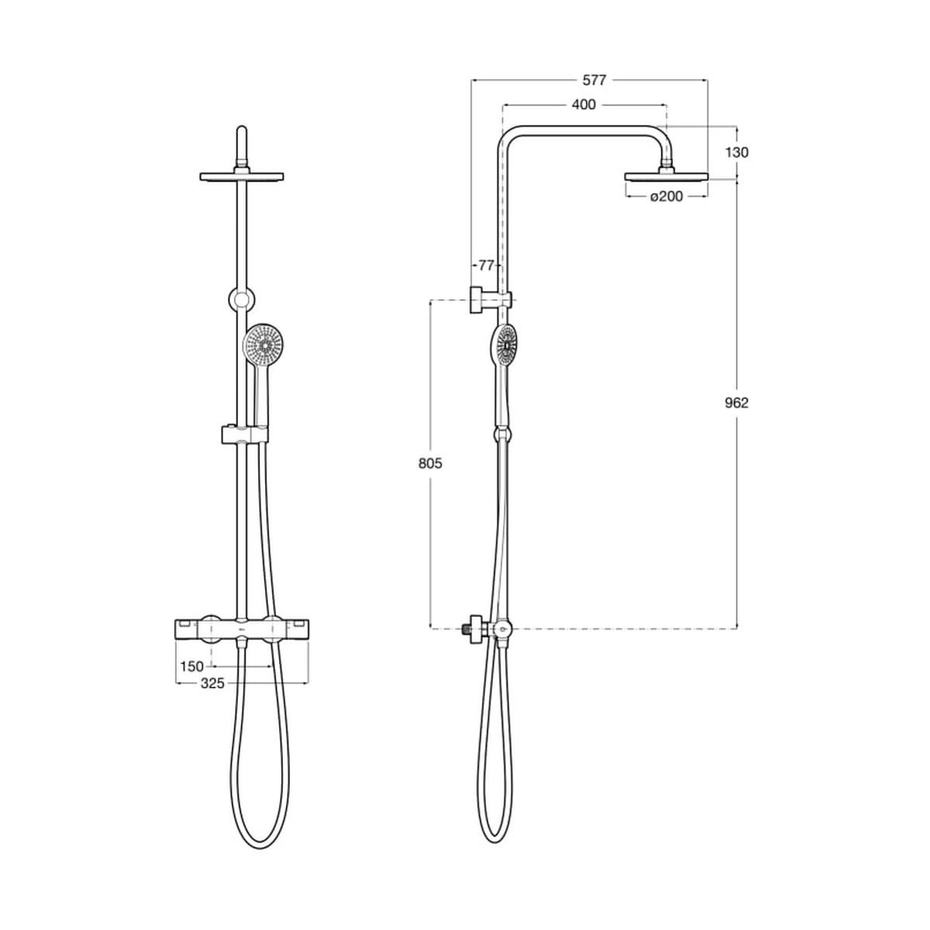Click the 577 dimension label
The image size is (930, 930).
[593, 81]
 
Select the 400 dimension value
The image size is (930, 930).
[584, 105]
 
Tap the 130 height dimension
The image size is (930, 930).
[737, 153]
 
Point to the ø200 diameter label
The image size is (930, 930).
[666, 196]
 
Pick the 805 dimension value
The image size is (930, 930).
[430, 463]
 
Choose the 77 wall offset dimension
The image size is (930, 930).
[487, 266]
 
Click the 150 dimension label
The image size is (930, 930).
[192, 666]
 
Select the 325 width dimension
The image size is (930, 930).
[213, 684]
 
